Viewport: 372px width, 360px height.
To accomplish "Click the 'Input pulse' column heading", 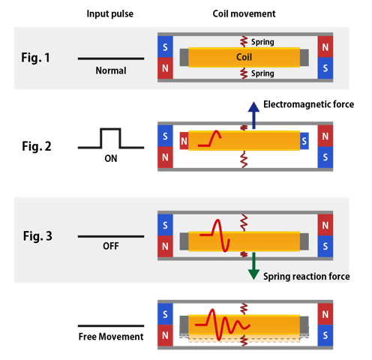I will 110,13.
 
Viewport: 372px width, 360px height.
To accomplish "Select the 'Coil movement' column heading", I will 244,13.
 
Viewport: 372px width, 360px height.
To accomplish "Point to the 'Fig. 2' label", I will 35,146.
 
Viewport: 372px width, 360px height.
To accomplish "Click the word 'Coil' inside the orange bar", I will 244,57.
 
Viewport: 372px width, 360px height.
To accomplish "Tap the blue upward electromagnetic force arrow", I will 253,115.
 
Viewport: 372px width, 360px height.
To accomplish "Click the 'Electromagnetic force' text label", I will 307,104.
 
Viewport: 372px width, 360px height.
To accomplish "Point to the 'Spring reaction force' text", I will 306,276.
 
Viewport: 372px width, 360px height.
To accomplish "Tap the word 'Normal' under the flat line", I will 111,71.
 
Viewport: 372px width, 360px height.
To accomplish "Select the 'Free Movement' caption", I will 110,337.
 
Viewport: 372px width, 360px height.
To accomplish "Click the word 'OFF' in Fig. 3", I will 111,245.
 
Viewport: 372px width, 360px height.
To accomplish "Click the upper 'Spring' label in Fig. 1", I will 262,42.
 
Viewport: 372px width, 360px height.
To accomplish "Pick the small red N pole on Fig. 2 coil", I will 184,140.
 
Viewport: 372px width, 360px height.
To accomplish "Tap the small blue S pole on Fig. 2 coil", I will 304,140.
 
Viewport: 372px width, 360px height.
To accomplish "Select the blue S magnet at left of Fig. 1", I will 165,46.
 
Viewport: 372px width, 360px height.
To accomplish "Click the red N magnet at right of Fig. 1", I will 325,46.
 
